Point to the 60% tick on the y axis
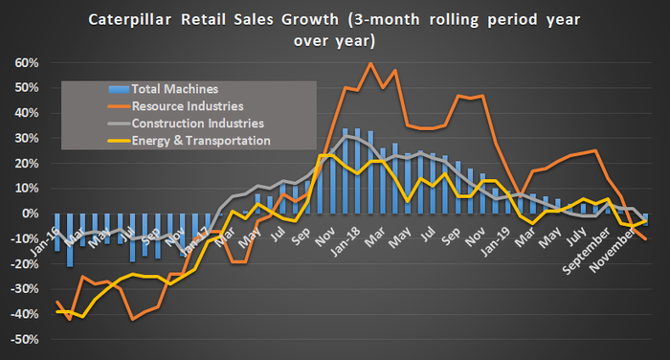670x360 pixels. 25,63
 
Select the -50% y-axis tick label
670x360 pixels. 23,339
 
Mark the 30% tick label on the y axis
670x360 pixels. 25,138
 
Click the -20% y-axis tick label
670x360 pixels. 23,263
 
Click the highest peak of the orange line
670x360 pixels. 370,63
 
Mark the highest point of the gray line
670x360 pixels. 346,136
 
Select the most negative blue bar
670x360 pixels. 70,239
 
